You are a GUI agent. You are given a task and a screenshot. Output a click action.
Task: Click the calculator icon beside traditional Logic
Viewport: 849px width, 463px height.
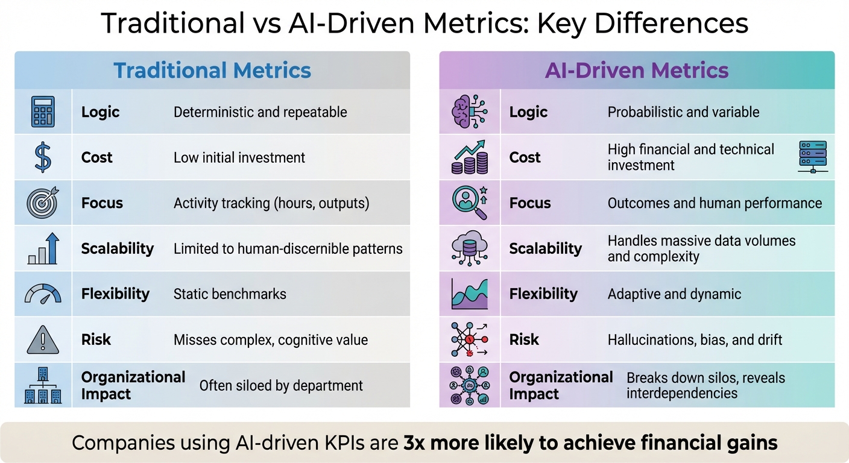click(x=43, y=112)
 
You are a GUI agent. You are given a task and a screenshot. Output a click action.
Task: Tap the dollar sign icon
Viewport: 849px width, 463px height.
click(x=43, y=157)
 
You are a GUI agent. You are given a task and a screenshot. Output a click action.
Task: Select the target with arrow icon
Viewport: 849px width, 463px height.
click(x=43, y=203)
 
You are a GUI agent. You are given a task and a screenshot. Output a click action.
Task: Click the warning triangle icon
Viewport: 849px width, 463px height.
click(x=43, y=340)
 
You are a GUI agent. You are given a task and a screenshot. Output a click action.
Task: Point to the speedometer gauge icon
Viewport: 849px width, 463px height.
click(x=43, y=294)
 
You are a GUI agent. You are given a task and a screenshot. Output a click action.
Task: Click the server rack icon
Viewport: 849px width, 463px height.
click(x=812, y=156)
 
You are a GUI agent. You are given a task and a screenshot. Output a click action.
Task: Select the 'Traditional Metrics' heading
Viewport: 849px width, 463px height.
click(x=212, y=71)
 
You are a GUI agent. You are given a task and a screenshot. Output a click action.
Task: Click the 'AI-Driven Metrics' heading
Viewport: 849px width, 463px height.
click(x=637, y=71)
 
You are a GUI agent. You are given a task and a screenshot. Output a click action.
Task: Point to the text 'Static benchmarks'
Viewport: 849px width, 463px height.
click(x=230, y=294)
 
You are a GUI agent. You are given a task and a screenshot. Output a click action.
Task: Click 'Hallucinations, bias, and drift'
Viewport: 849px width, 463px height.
click(x=695, y=340)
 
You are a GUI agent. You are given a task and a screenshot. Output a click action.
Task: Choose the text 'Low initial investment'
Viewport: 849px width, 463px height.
click(x=239, y=158)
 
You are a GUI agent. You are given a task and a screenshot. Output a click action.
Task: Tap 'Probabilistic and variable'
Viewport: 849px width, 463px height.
click(x=683, y=112)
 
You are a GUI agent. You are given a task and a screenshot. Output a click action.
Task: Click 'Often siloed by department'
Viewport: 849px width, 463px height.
click(x=281, y=386)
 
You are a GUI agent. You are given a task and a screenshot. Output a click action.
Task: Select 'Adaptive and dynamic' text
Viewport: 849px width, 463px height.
click(x=674, y=294)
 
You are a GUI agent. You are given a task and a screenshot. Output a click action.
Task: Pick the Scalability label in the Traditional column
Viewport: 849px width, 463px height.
click(x=118, y=248)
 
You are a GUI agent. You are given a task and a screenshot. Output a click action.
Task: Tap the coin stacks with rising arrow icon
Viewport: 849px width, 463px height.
click(x=470, y=157)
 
